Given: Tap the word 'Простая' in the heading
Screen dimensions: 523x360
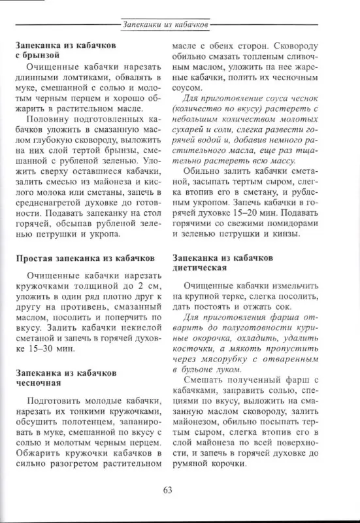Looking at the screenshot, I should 37,259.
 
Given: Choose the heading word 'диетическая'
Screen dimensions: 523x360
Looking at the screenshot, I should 200,268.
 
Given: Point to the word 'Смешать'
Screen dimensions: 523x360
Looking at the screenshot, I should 203,382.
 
